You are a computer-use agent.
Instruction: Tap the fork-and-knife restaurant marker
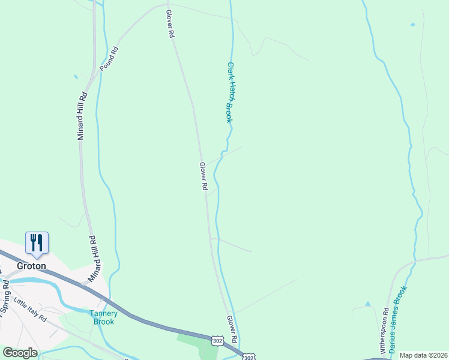point(37,242)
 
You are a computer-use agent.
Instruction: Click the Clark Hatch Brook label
point(229,92)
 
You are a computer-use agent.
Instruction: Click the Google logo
point(20,353)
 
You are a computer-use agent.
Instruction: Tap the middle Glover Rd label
point(203,176)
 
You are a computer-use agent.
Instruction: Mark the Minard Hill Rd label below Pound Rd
point(82,115)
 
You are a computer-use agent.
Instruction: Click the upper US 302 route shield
point(217,340)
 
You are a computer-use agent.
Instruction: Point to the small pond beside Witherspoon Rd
point(367,304)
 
